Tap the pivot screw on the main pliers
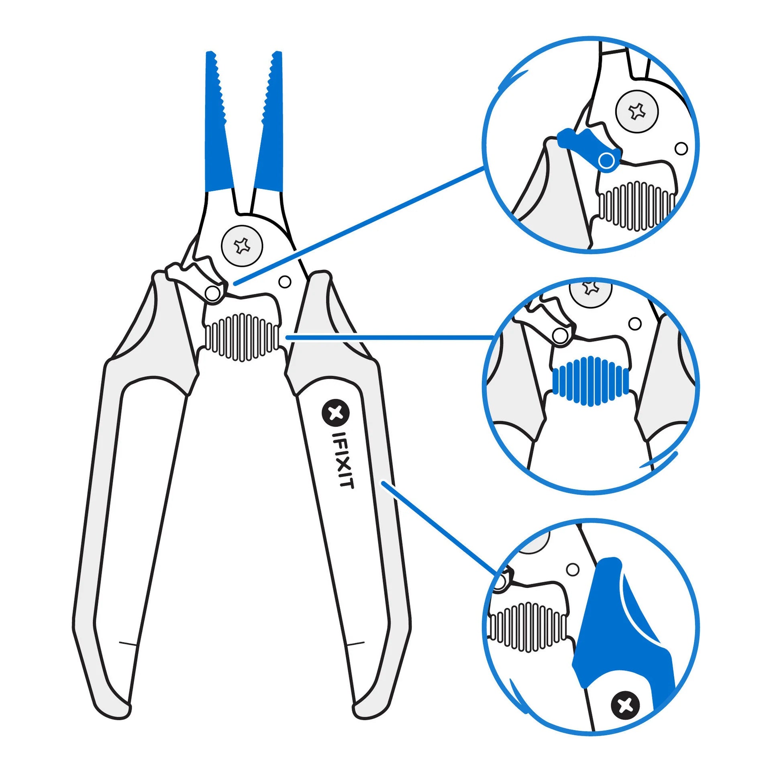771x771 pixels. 242,245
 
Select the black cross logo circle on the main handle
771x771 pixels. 336,413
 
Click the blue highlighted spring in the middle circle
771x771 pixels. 590,380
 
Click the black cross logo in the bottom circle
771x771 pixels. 625,705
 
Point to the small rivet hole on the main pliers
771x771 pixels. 285,282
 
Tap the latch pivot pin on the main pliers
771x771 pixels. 212,293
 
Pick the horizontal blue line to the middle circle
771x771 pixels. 390,337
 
